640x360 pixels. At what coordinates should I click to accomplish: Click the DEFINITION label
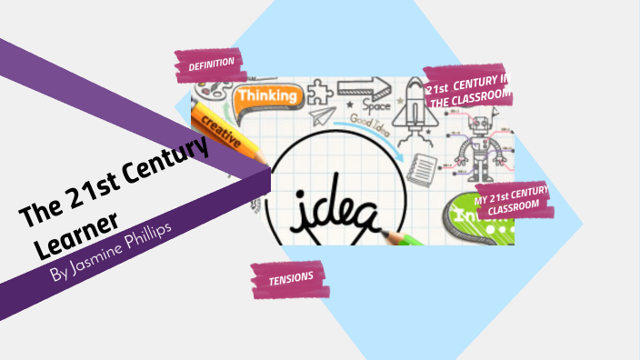pos(211,65)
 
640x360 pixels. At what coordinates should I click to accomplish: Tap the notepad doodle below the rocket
pos(420,165)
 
